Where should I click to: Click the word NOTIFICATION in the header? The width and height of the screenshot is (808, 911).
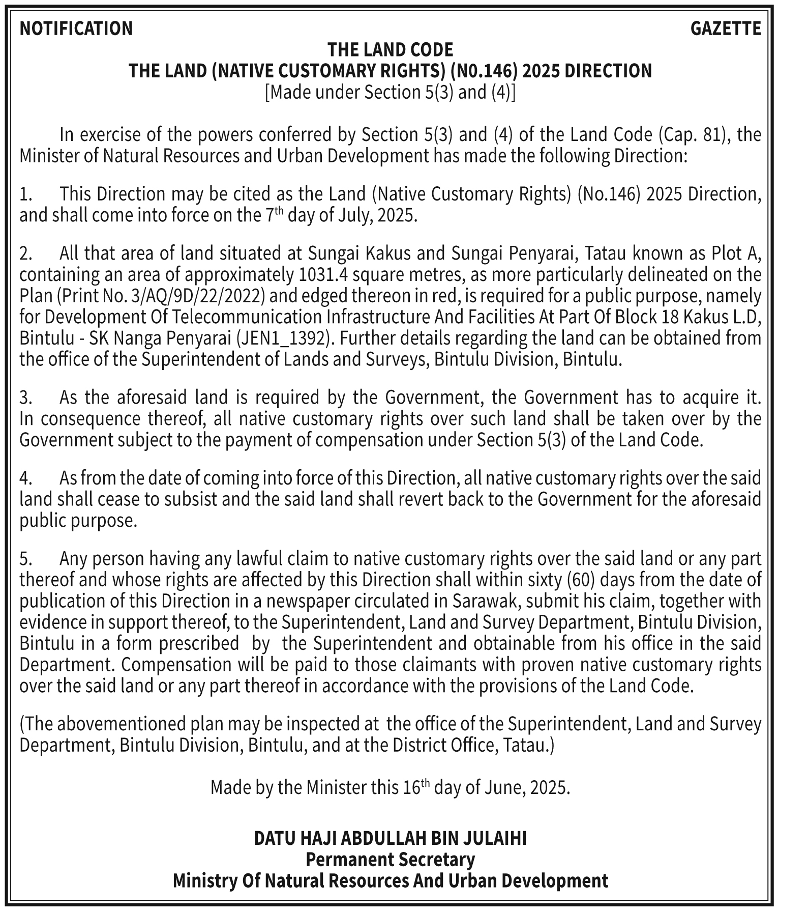point(76,29)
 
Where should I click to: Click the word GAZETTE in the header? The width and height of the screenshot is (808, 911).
point(726,29)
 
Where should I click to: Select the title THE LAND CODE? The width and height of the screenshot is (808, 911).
point(390,50)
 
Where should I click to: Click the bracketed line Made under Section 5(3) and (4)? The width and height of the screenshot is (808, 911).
point(390,92)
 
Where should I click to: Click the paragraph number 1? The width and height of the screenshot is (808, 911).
point(26,194)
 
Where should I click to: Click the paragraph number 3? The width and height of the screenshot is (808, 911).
point(26,397)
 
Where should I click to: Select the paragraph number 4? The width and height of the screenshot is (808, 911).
point(26,478)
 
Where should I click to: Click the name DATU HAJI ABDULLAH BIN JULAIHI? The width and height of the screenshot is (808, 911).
point(390,838)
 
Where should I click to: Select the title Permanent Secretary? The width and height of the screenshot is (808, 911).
point(390,860)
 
